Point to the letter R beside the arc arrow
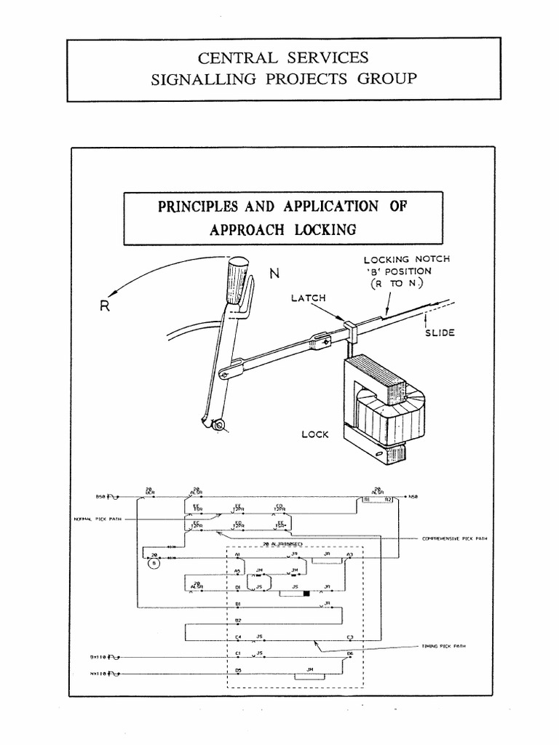105,306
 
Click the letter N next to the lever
274,274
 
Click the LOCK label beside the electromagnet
315,434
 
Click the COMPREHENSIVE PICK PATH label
455,539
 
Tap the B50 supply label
102,498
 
